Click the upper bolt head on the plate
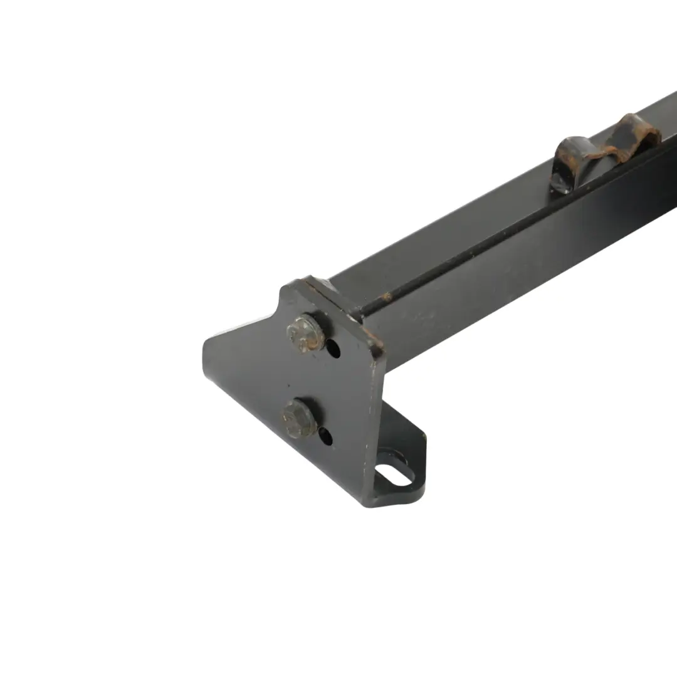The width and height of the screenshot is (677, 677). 305,333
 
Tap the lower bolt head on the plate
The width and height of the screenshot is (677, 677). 299,417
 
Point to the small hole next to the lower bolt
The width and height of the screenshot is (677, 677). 325,435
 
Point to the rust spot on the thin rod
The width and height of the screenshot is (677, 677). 387,296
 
